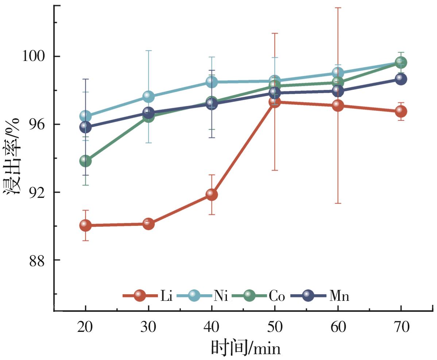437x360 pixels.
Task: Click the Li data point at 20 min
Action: tap(85, 225)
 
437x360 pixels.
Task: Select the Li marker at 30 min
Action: tap(148, 223)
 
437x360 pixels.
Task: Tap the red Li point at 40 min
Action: tap(212, 194)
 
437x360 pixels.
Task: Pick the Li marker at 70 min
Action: tap(401, 111)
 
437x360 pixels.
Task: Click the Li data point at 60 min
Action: tap(338, 106)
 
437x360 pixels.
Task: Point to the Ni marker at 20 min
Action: tap(85, 116)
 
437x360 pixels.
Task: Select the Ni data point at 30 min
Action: tap(148, 97)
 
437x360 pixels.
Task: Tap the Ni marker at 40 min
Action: tap(212, 82)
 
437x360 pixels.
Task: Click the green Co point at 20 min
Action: tap(85, 161)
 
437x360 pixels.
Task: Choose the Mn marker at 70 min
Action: tap(401, 79)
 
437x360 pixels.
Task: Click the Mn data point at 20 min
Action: tap(85, 127)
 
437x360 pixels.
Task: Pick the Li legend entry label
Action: tap(166, 296)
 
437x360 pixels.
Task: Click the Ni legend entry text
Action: tap(221, 296)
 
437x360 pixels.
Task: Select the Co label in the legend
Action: tap(277, 296)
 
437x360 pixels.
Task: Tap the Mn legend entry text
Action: tap(339, 296)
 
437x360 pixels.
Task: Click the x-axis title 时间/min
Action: tap(246, 348)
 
